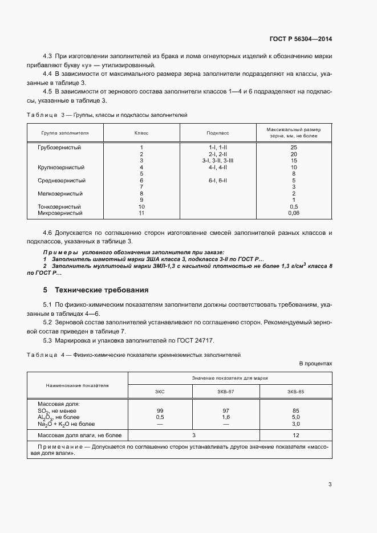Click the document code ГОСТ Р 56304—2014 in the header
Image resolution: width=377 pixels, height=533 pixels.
(x=300, y=39)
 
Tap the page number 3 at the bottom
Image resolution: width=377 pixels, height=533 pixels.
(x=330, y=485)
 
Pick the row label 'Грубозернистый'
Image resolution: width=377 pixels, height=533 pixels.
(x=59, y=148)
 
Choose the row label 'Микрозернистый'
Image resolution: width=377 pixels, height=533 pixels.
(x=60, y=213)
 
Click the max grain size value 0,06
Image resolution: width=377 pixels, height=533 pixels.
(x=294, y=213)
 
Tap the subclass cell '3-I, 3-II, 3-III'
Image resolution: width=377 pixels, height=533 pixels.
(x=218, y=161)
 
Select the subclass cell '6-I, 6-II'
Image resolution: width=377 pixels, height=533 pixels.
(x=218, y=181)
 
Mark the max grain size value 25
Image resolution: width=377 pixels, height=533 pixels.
(x=294, y=148)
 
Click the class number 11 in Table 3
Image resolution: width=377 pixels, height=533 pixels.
(x=141, y=213)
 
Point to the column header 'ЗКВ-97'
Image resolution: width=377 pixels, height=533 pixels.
(x=226, y=392)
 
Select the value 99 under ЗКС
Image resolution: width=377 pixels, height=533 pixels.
(x=160, y=410)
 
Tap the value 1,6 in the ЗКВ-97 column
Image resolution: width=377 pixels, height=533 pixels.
(x=226, y=417)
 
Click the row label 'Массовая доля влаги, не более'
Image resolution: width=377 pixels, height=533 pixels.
(x=71, y=435)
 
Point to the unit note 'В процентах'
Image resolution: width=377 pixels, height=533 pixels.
(x=315, y=363)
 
